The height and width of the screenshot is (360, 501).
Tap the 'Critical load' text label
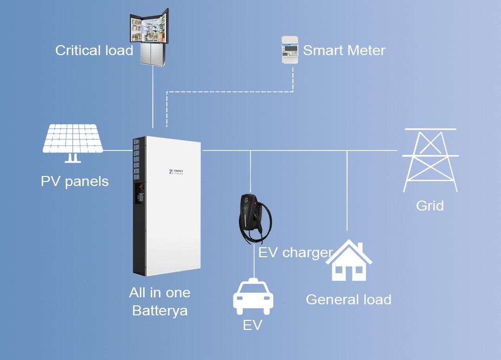point(94,51)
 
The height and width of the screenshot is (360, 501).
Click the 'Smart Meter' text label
point(344,51)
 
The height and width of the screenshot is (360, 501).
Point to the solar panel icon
point(73,140)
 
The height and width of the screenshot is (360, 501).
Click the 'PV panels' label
point(75,181)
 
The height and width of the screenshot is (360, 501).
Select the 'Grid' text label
point(430,206)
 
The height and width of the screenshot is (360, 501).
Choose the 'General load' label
point(348,300)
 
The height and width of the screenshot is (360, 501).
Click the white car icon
point(253,297)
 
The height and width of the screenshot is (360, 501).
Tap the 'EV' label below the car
point(253,325)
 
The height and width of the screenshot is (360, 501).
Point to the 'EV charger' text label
point(295,252)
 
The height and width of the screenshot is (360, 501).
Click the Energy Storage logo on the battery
point(176,172)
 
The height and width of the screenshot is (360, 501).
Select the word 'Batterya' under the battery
point(160,311)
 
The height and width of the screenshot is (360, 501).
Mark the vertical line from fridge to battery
point(152,100)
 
